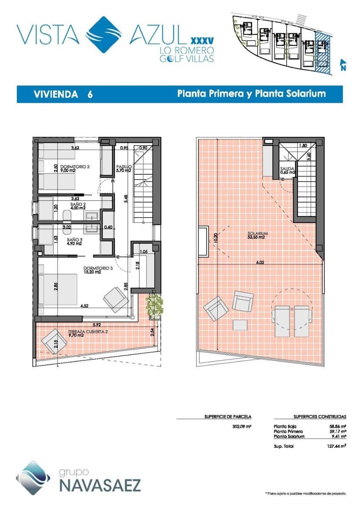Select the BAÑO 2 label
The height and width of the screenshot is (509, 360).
tap(78, 206)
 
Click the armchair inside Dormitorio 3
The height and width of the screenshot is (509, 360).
tap(115, 299)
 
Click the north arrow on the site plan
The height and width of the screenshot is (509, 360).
tap(343, 64)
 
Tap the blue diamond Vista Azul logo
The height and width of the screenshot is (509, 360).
tap(103, 35)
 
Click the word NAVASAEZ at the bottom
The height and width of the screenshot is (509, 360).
tap(100, 485)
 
